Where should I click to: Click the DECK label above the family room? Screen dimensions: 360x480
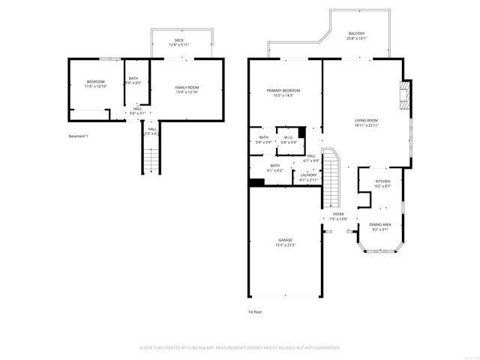tap(178, 40)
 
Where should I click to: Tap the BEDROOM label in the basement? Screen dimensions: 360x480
tap(95, 82)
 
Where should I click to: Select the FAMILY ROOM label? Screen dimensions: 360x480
tap(187, 88)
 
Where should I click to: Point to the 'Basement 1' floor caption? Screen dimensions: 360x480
tap(79, 136)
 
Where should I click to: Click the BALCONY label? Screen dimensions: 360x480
tap(357, 34)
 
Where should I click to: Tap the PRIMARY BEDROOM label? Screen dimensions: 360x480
tap(283, 91)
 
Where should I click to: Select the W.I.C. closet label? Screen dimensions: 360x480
tap(289, 137)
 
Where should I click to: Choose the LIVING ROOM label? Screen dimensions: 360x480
tap(366, 120)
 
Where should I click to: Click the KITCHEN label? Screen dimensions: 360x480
tap(382, 181)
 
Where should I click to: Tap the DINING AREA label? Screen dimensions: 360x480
tap(380, 225)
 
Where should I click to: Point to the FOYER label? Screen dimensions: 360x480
tap(339, 214)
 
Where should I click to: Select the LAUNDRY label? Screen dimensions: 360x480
tap(308, 175)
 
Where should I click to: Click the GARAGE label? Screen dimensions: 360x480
tap(285, 240)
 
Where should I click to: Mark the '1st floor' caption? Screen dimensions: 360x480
tap(255, 311)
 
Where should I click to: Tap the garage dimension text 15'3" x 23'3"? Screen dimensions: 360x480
tap(285, 245)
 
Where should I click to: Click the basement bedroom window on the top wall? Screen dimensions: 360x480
tap(112, 58)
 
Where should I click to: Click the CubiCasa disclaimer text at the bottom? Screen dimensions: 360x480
tap(240, 348)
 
